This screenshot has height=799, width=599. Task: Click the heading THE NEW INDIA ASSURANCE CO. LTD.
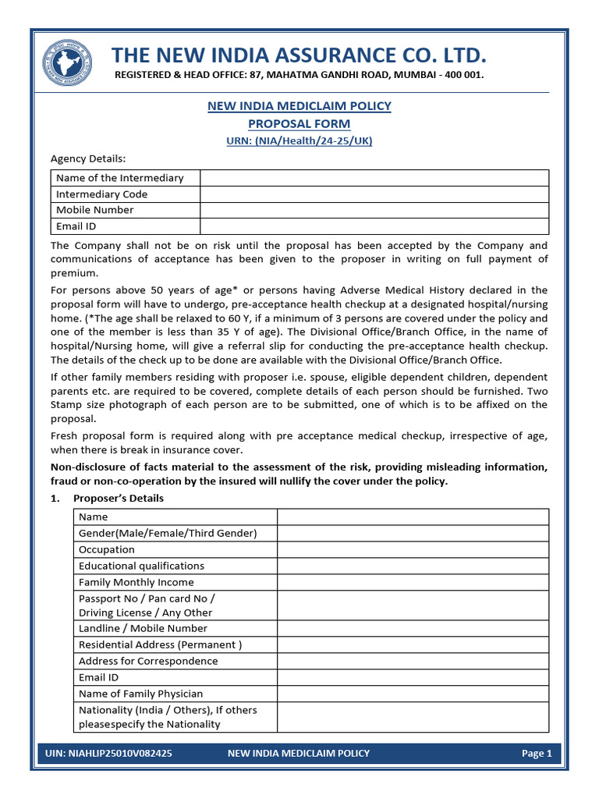tap(299, 55)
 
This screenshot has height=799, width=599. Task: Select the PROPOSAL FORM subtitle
tap(299, 124)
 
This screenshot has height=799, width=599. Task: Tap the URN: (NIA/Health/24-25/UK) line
tap(299, 140)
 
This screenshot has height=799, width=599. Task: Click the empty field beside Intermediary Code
tap(374, 194)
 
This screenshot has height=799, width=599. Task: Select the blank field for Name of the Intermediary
tap(374, 178)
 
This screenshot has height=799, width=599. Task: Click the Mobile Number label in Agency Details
tap(95, 210)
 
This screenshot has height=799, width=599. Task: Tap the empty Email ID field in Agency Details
tap(374, 226)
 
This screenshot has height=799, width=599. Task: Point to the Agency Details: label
tap(88, 158)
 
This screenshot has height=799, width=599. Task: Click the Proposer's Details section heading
tap(119, 499)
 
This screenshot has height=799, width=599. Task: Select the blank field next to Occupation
tap(413, 549)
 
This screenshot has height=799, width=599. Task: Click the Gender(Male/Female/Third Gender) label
tap(168, 533)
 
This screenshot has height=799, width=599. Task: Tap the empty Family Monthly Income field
tap(413, 582)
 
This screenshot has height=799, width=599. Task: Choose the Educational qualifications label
tap(141, 566)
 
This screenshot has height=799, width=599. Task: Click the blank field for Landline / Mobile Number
tap(413, 628)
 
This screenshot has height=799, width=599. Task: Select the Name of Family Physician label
tap(140, 694)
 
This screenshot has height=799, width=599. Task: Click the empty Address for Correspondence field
tap(413, 661)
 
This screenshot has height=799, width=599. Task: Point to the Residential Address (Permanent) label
tap(160, 645)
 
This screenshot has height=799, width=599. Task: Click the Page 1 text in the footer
tap(537, 754)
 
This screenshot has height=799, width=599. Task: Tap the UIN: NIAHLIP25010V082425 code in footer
tap(109, 754)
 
